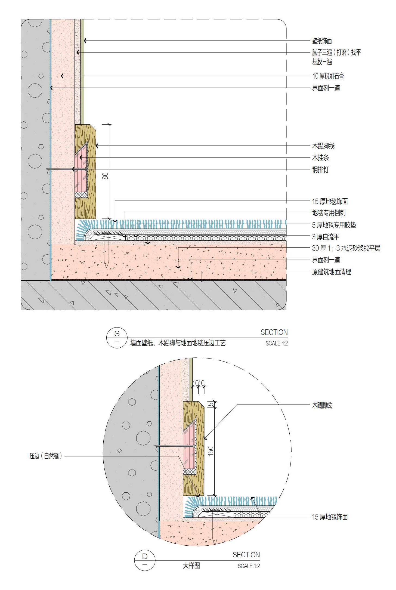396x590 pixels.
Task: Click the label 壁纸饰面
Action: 322,41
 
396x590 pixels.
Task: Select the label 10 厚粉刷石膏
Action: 328,76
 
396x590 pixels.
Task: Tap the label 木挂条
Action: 320,157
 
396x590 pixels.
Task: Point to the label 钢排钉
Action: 320,169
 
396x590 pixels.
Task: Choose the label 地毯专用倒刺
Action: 329,213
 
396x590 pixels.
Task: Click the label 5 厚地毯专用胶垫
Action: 334,225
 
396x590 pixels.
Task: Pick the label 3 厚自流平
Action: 326,237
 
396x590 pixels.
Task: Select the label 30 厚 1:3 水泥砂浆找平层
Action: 346,248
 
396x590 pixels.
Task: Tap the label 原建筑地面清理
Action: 331,272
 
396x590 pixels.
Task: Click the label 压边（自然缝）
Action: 46,456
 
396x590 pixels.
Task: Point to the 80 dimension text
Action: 105,176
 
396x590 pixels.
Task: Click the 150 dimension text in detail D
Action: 211,451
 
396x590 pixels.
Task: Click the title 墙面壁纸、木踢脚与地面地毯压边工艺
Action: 178,343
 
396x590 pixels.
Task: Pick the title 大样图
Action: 191,566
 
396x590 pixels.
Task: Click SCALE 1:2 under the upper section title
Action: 276,343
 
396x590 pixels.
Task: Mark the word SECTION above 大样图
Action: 246,555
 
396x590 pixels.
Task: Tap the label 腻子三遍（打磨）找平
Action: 336,52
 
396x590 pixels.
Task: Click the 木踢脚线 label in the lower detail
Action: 322,406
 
